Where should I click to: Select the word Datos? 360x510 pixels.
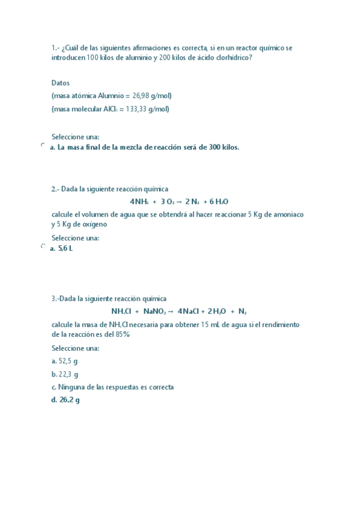tap(61, 83)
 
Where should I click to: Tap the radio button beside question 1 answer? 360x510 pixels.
tap(43, 146)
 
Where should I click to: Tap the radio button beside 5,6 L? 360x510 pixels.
tap(43, 247)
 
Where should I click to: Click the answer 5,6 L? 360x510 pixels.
tap(66, 248)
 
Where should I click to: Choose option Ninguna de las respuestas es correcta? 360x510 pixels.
tap(115, 387)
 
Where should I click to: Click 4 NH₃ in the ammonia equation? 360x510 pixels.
tap(139, 201)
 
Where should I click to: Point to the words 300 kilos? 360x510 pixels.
tap(224, 147)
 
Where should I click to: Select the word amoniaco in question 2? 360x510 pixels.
tap(289, 215)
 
